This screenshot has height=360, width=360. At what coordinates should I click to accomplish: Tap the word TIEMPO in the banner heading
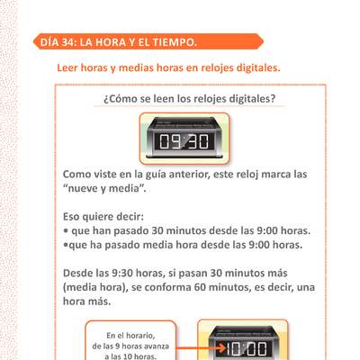pyautogui.click(x=168, y=41)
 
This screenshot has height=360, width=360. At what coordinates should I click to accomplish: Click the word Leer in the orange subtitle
pyautogui.click(x=69, y=67)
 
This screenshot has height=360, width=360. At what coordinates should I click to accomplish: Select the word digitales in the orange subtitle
pyautogui.click(x=254, y=67)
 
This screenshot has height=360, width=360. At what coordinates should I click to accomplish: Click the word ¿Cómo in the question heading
pyautogui.click(x=123, y=98)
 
